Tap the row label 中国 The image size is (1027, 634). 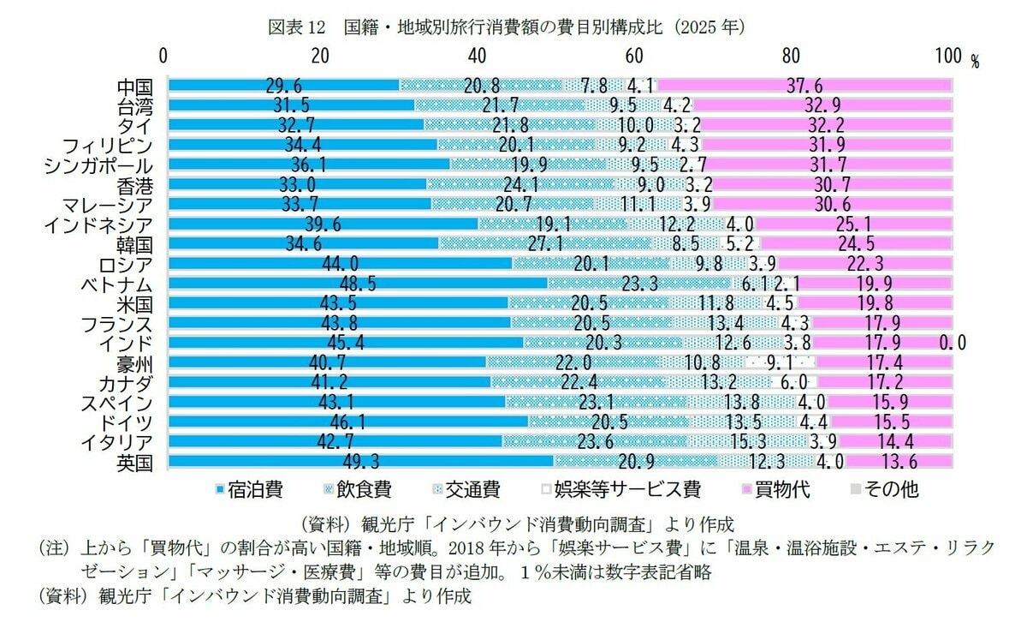click(x=134, y=87)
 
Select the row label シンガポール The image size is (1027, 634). click(x=98, y=165)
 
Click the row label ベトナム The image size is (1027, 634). click(x=116, y=284)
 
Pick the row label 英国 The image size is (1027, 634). click(x=134, y=463)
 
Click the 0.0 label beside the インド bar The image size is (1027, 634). click(x=952, y=344)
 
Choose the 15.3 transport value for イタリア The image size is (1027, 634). click(x=748, y=443)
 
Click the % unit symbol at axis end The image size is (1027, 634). click(x=974, y=61)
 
